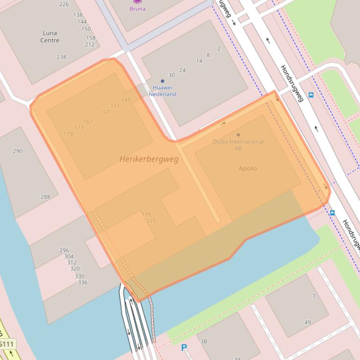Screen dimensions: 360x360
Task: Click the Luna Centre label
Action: (x=50, y=36)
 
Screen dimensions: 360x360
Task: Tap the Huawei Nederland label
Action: (x=162, y=91)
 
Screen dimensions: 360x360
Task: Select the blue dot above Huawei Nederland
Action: (x=162, y=81)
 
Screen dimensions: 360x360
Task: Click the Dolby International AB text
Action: (x=238, y=144)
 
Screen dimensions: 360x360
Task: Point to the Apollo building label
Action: (x=247, y=168)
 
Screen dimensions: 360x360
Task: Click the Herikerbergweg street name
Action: (x=149, y=159)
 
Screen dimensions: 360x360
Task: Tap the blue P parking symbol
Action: (x=184, y=348)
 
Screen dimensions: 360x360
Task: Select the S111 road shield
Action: (x=7, y=344)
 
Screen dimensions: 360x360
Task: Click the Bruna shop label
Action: (x=137, y=8)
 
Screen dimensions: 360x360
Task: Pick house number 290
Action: (x=17, y=151)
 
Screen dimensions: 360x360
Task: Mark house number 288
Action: (x=45, y=197)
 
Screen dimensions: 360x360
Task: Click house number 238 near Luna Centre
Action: (x=61, y=57)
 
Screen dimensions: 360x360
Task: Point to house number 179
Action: (x=68, y=134)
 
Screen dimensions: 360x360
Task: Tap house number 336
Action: (x=82, y=282)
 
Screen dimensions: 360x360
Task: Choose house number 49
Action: (x=307, y=322)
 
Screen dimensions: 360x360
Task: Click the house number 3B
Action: (x=203, y=341)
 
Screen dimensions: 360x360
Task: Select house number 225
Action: (x=151, y=221)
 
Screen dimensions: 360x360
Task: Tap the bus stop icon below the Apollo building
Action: (x=332, y=213)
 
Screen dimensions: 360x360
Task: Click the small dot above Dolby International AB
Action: (x=238, y=135)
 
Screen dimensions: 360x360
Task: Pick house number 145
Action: (x=126, y=100)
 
